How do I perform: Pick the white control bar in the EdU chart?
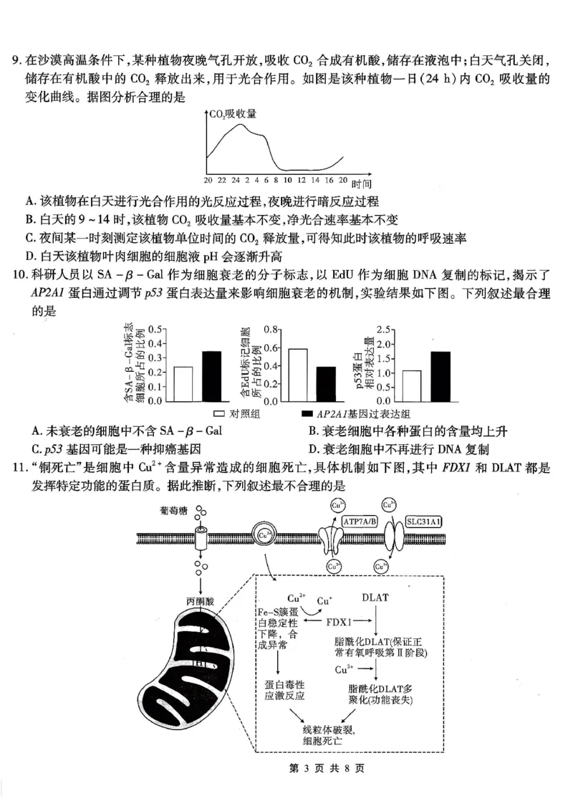click(x=298, y=375)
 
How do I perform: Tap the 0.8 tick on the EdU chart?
click(x=269, y=330)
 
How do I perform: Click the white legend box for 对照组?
click(x=220, y=414)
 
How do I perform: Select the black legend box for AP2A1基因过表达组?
click(x=308, y=414)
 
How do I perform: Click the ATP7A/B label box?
click(x=364, y=522)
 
